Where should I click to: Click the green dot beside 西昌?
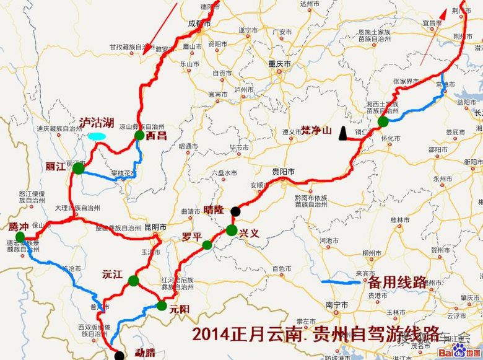coord(139,135)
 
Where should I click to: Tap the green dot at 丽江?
coord(79,168)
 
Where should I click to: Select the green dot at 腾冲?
coord(20,237)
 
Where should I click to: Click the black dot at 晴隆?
coord(235,211)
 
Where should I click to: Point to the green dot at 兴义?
coord(232,230)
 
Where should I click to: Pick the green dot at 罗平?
coord(207,245)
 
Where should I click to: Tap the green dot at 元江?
coord(133,281)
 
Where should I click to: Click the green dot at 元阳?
coord(162,305)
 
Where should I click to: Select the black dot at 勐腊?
coord(120,355)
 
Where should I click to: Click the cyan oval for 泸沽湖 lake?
coord(96,135)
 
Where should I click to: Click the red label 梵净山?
coord(316,131)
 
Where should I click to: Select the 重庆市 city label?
coord(279,64)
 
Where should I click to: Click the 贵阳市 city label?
coord(282,170)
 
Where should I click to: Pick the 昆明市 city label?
coord(155,227)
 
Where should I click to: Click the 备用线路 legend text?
coord(397,283)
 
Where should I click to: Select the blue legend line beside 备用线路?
coord(341,283)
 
